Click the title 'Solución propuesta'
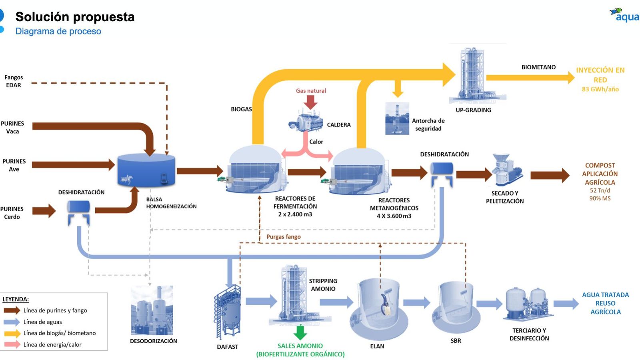75,17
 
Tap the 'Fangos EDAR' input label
14,81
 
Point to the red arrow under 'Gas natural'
310,102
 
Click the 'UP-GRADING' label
473,110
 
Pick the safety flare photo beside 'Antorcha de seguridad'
397,118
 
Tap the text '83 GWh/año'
600,89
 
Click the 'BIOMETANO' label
538,67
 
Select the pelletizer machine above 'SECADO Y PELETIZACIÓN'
506,170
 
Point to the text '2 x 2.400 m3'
295,214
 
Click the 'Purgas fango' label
284,237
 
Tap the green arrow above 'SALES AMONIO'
300,332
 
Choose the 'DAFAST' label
228,347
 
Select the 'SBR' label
456,341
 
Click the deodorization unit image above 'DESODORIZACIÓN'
152,311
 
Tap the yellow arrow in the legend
12,333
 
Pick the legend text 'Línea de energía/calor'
52,345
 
